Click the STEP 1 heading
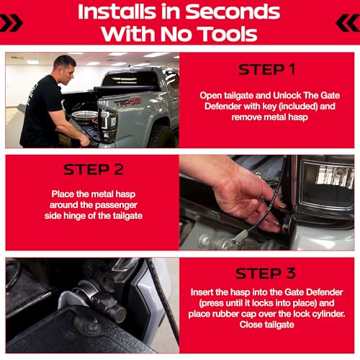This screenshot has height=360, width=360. (266, 70)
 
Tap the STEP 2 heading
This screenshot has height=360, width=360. (94, 169)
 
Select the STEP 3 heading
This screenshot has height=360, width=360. (266, 274)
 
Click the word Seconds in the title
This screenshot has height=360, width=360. (233, 12)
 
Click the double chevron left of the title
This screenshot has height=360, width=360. (11, 23)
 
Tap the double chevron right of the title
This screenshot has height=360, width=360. (348, 23)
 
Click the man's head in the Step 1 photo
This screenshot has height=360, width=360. (64, 69)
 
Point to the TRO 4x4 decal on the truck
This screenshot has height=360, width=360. (127, 102)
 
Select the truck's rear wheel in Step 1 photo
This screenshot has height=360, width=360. (162, 136)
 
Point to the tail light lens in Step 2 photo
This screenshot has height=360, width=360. (328, 182)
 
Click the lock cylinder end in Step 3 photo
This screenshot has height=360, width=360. (120, 314)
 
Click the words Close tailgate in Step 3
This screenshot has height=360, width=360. (266, 325)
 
